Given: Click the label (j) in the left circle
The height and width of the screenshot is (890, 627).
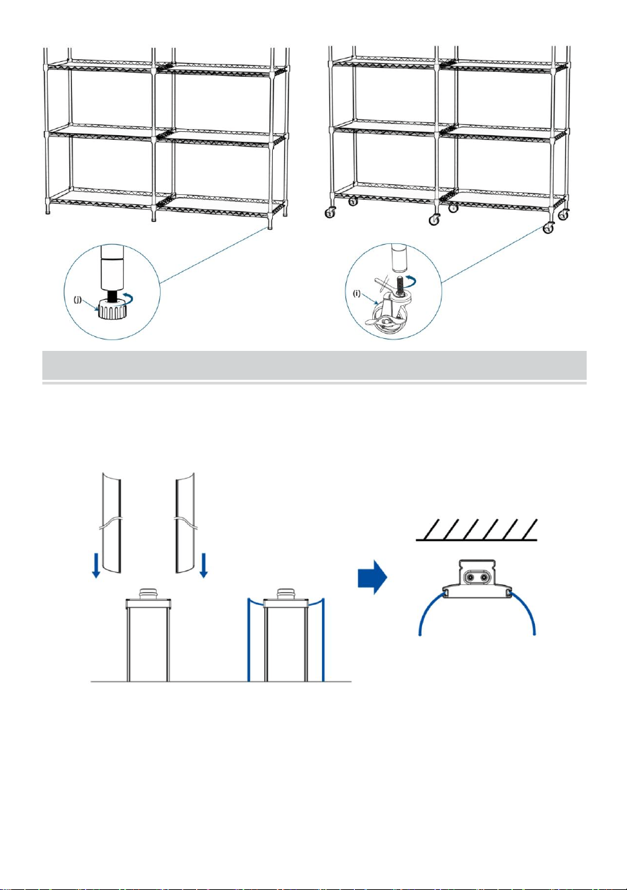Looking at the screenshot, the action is coord(78,300).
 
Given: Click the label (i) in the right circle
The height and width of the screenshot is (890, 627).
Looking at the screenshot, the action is coord(358,294).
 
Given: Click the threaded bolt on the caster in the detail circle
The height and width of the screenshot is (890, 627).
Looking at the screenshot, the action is coord(400,284).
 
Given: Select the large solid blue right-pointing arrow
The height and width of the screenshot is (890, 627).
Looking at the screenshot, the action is coord(372,577).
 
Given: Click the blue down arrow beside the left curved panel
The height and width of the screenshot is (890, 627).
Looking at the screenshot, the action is coord(95,566).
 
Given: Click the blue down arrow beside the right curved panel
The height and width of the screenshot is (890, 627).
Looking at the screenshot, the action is coord(204,565).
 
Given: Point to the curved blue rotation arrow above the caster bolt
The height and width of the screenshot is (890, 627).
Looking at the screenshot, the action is coord(411,281).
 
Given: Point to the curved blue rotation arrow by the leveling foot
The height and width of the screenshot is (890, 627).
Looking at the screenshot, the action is coord(128,300).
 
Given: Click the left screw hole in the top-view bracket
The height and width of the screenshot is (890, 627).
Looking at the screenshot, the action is coord(470,577).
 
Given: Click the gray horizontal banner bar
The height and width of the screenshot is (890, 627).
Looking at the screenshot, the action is coord(315,365).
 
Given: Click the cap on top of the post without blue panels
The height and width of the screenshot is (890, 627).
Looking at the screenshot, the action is coord(149,593).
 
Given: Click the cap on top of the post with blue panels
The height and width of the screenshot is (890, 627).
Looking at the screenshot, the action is coord(287,593).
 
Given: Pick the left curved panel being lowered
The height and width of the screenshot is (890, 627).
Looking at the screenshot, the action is coord(112,522).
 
